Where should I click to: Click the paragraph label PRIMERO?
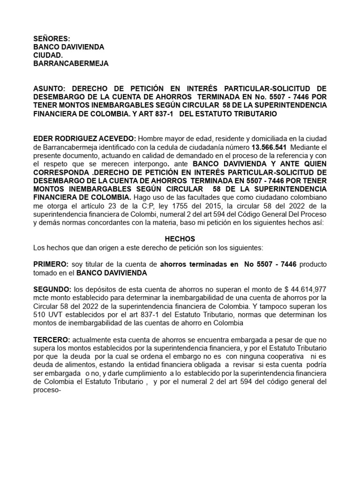(51, 264)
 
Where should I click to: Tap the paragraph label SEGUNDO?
(52, 290)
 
